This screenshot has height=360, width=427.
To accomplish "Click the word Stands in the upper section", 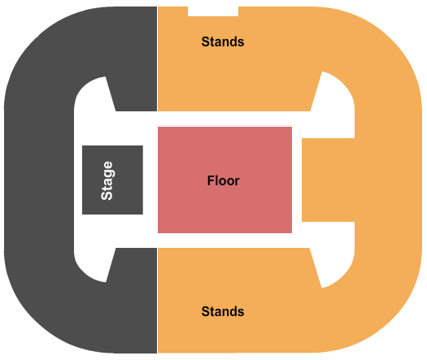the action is [223, 42].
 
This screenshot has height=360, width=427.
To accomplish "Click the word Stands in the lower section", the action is [223, 311].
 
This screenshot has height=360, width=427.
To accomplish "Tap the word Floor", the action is [224, 180].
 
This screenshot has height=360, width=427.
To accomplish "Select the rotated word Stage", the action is [107, 180].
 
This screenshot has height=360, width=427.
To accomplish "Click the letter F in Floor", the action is [211, 180].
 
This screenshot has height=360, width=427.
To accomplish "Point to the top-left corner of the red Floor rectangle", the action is [158, 127].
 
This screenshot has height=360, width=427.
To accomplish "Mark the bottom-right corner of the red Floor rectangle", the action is [292, 233].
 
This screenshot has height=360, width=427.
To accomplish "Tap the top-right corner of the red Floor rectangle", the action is [292, 127].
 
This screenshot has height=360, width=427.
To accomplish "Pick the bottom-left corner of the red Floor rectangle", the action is [158, 233].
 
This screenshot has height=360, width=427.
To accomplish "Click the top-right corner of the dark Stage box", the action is [143, 145].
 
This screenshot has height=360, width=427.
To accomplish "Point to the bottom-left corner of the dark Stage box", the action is [82, 215].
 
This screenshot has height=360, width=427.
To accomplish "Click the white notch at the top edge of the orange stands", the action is [213, 11].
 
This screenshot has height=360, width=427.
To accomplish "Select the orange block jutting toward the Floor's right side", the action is [328, 180].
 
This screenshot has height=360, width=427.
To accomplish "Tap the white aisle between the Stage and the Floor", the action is [150, 180].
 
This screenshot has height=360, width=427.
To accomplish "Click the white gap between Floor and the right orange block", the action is [297, 180].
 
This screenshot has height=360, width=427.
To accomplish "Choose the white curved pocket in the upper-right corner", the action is [337, 103].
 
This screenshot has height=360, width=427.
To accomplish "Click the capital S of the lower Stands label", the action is [205, 311].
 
